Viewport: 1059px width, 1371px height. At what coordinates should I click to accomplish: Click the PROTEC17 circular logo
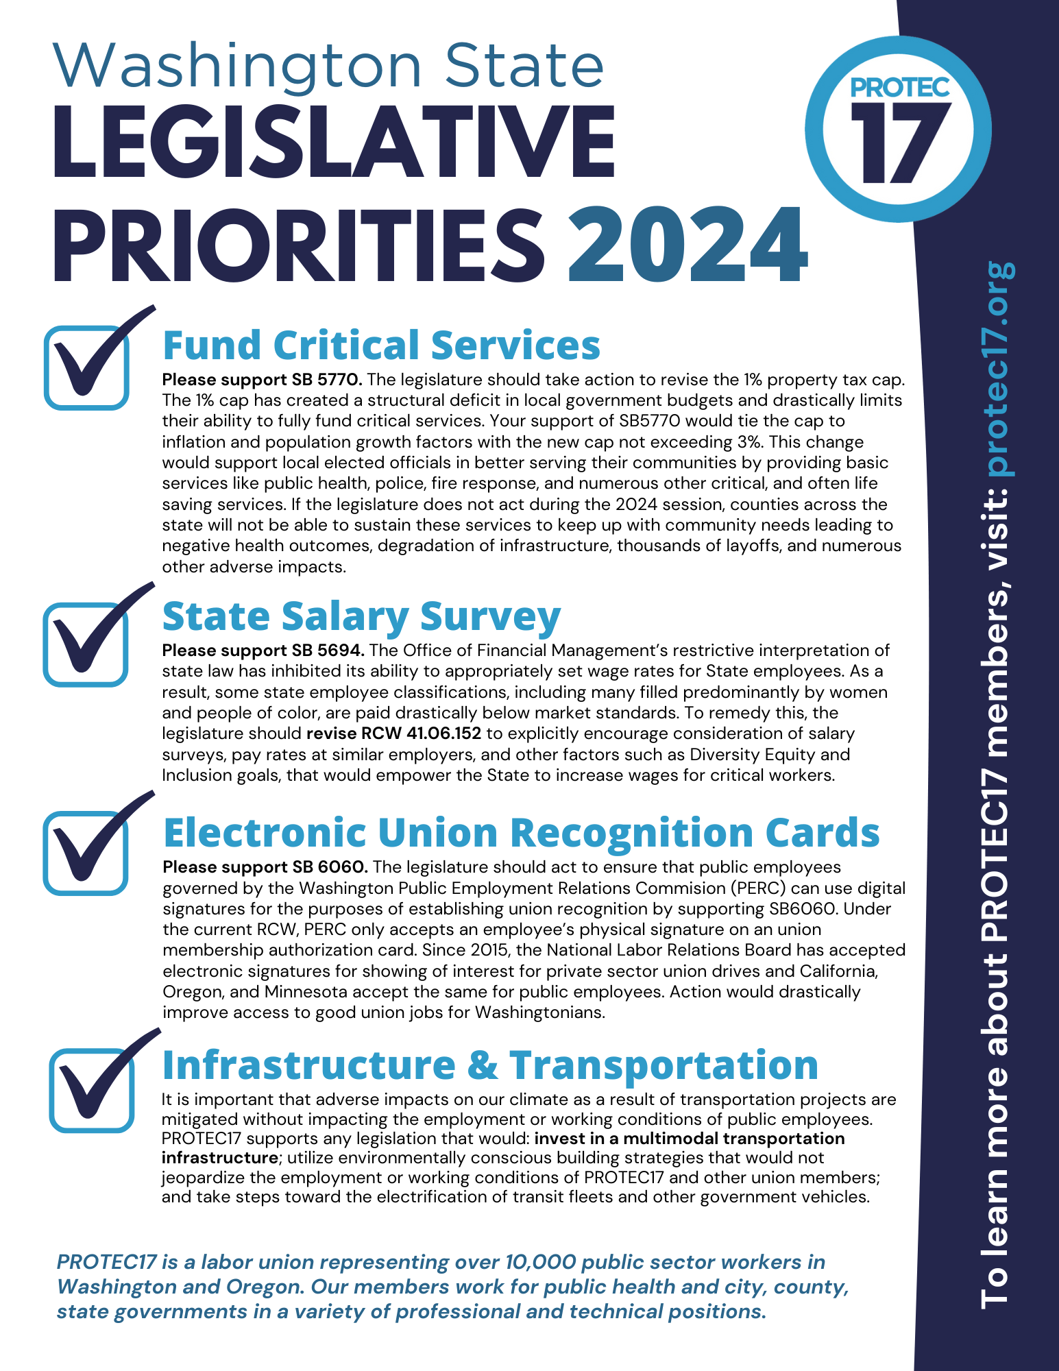click(x=898, y=129)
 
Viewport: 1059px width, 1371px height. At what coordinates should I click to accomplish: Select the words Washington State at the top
click(x=329, y=66)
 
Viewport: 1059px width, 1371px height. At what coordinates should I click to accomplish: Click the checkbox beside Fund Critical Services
click(x=87, y=368)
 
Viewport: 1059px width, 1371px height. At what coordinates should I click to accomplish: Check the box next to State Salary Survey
click(x=86, y=644)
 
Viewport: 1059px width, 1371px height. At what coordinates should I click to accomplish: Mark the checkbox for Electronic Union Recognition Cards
click(x=86, y=853)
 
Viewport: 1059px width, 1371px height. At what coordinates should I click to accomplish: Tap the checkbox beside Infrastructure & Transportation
click(x=91, y=1090)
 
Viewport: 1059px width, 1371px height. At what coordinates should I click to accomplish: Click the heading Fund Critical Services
click(x=381, y=345)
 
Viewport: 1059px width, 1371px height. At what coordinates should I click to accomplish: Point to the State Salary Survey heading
click(x=361, y=616)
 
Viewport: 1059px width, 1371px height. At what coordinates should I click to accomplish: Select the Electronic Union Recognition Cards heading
click(x=521, y=832)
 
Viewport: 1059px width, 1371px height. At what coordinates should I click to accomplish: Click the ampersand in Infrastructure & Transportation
click(x=483, y=1065)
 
